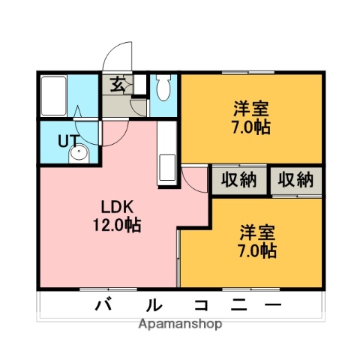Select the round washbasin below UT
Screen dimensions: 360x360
[77, 155]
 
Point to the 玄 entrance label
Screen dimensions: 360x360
[118, 84]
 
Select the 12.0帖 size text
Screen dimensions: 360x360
[118, 224]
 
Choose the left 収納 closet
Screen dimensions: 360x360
[239, 180]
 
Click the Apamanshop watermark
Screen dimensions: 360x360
[179, 325]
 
